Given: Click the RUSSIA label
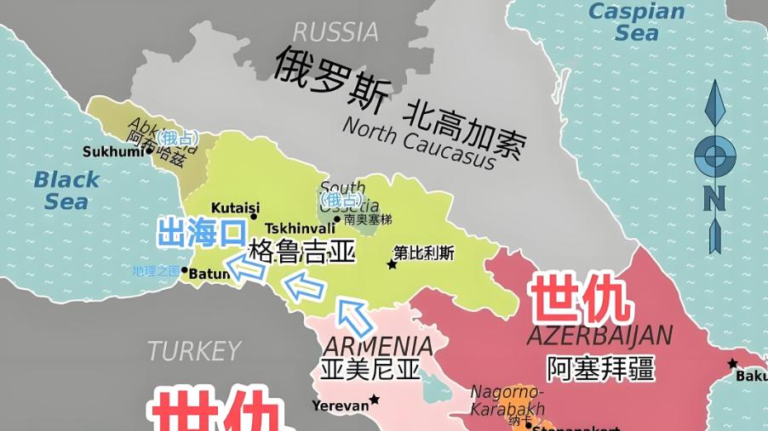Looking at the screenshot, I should pos(335,31).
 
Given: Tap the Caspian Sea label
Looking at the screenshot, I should pos(637,22).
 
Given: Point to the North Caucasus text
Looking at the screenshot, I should pos(418,142).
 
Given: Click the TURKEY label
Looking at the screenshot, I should pos(194,350).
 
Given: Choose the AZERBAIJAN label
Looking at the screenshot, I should pos(599,335).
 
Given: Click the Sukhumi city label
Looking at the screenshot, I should pos(113,152).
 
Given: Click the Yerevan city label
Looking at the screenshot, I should pos(340,405).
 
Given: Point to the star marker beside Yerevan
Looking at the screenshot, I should pos(375,400).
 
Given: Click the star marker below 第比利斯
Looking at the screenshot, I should pos(392,265).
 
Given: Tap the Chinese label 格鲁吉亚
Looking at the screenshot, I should pos(301,252).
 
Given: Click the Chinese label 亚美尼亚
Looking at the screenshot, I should pos(371,370).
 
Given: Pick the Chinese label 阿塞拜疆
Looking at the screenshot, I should pos(600,367).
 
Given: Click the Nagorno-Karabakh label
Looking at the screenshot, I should pos(507,400).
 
